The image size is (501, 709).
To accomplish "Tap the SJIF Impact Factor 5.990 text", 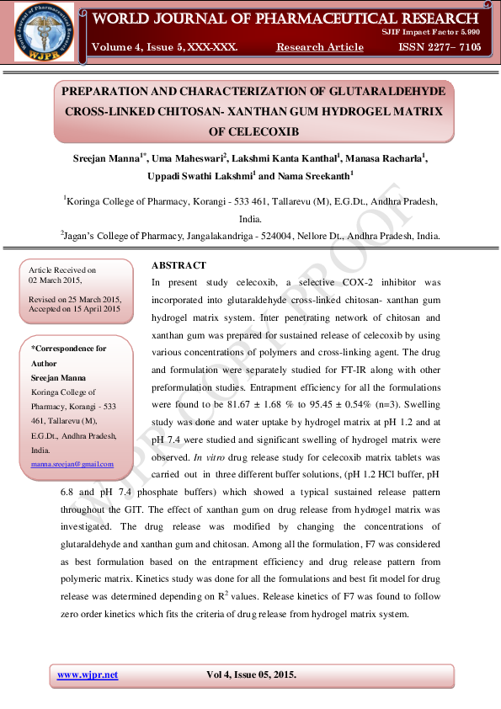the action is click(x=430, y=30).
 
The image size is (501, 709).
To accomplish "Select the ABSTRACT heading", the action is click(x=179, y=265).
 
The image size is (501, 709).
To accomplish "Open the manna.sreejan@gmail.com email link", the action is click(x=72, y=464).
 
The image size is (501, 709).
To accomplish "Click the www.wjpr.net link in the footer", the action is click(x=88, y=674).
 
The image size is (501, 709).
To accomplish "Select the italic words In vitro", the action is click(x=208, y=457).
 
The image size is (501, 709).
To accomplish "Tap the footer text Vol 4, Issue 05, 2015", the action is click(x=251, y=674).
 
